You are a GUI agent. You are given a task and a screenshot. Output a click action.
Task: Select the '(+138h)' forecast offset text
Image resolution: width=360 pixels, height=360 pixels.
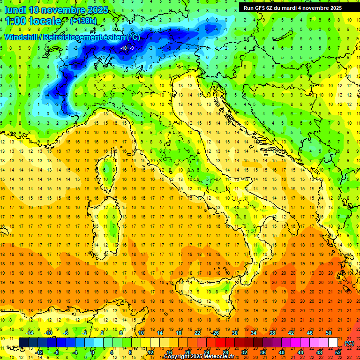click(x=83, y=21)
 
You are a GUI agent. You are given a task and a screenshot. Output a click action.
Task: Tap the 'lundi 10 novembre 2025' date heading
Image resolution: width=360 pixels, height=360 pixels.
click(x=56, y=10)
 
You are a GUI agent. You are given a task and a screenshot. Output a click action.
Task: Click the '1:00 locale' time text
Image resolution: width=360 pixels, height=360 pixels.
click(x=33, y=21)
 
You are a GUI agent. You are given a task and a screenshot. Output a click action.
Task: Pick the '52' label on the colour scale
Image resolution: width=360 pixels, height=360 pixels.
click(x=338, y=352)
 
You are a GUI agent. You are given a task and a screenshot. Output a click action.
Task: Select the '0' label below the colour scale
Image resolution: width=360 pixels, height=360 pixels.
click(x=93, y=352)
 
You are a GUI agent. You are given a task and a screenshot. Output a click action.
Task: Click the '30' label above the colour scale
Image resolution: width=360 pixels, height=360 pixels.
click(x=234, y=333)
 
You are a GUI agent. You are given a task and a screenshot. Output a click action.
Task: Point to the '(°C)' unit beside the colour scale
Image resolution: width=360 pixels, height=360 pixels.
click(x=349, y=343)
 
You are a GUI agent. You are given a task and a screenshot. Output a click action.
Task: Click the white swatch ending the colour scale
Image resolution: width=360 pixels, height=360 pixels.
click(x=333, y=343)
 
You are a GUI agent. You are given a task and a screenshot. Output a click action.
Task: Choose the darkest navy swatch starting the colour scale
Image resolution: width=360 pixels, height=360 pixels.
click(x=23, y=343)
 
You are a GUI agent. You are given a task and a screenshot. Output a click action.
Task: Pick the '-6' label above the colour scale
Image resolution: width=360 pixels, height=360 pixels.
click(x=67, y=333)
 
